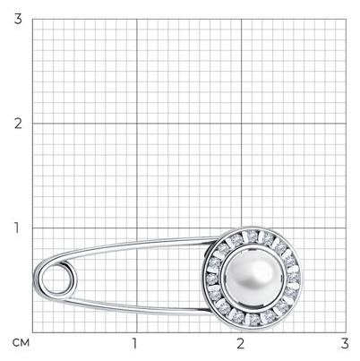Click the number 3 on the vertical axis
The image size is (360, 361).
(x=18, y=19)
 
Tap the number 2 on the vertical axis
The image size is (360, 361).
(x=18, y=124)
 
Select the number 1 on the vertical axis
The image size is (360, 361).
(x=16, y=228)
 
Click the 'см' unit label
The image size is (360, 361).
(x=21, y=343)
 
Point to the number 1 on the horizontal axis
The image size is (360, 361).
(x=135, y=343)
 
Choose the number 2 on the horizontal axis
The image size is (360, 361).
(x=241, y=343)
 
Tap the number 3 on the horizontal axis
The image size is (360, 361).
(x=345, y=343)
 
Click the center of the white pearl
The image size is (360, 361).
(x=252, y=277)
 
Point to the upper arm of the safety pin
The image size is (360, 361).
(x=128, y=245)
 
